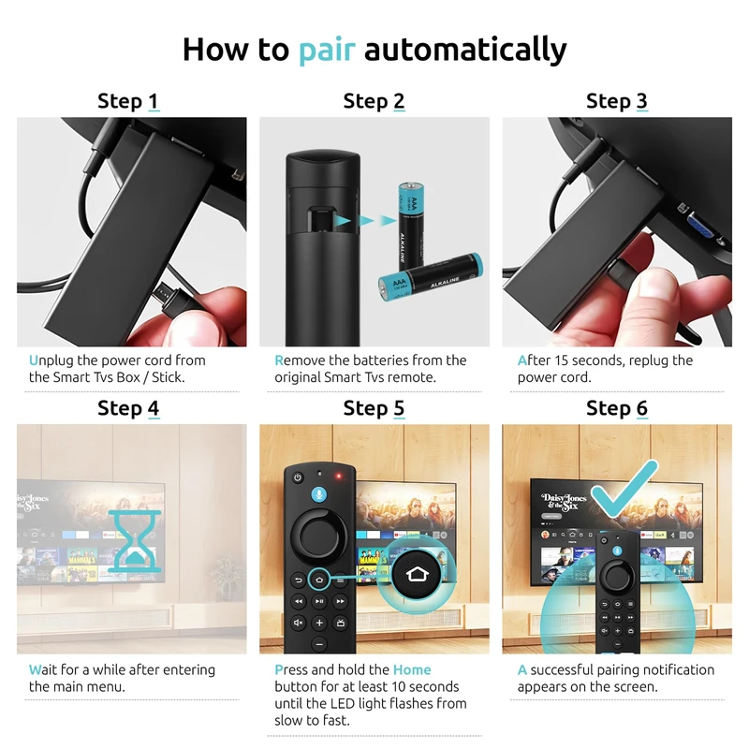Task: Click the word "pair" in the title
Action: (327, 50)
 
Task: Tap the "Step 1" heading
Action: (128, 101)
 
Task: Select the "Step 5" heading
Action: (374, 408)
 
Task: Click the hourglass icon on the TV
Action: (134, 540)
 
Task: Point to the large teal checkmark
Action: (624, 488)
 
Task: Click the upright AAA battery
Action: (411, 225)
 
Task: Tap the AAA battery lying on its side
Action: (431, 277)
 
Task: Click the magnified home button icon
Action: (417, 574)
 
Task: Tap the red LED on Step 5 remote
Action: (339, 477)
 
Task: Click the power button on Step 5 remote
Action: (298, 477)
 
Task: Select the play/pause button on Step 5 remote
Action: (319, 601)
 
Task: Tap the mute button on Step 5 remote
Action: (298, 623)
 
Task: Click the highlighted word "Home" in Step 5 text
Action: (412, 669)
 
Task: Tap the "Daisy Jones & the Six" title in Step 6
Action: (564, 502)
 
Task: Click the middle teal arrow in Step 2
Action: (366, 220)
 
